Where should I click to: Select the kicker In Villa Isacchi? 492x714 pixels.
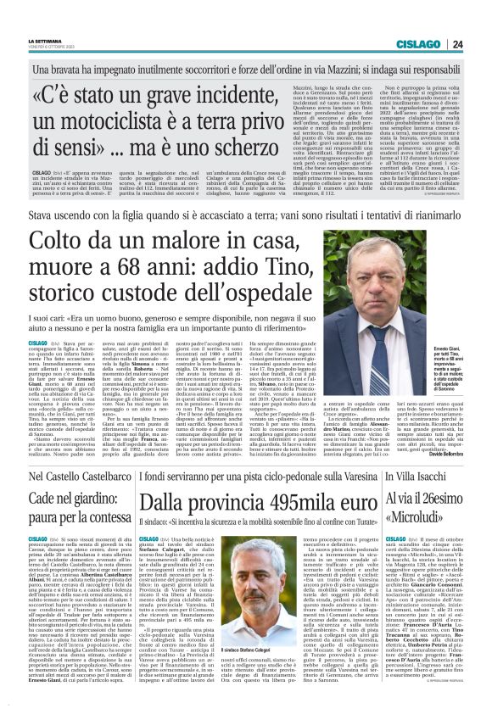tap(417, 477)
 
